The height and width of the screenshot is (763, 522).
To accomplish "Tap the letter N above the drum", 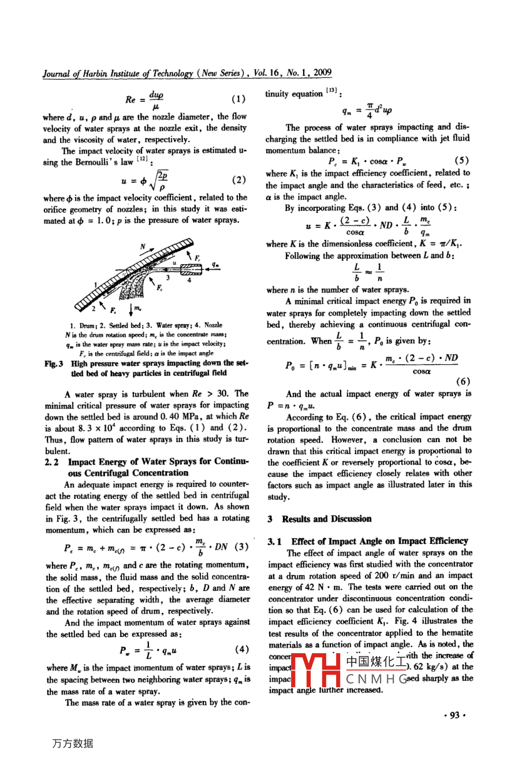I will (143, 247).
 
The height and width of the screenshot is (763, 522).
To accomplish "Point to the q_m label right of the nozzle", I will (215, 265).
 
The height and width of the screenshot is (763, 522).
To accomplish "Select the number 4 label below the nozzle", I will (189, 280).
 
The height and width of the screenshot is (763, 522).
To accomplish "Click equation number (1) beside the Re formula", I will (238, 99).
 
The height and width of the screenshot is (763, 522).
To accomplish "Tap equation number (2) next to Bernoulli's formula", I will (238, 180).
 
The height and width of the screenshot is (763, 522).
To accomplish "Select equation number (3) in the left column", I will (242, 546).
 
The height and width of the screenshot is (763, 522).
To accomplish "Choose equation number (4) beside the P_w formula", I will (242, 650).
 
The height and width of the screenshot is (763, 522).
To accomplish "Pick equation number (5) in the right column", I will (462, 161).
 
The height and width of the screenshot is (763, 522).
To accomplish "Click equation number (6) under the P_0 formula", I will (463, 381).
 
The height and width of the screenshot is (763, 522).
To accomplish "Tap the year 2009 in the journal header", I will (322, 73).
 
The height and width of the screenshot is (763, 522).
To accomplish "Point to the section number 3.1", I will (274, 542).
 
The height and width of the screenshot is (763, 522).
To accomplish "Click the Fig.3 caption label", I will (54, 364).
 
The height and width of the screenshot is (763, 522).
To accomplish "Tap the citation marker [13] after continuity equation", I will (331, 91).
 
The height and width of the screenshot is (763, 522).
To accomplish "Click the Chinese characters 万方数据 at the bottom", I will (73, 743).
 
